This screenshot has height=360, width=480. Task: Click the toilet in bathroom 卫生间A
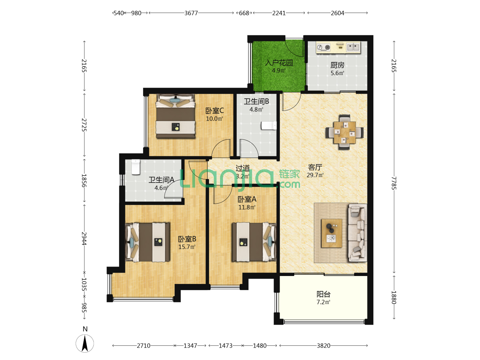(x=136, y=167)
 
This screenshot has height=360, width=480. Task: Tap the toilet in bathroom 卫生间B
(x=269, y=125)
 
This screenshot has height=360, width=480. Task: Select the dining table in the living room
(x=344, y=132)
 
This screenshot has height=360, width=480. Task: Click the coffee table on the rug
(x=332, y=233)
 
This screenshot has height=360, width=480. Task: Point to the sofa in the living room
(x=357, y=233)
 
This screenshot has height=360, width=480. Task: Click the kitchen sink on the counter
(x=353, y=47)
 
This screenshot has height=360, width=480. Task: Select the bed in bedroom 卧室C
(x=175, y=116)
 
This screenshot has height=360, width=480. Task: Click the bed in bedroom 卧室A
(x=254, y=242)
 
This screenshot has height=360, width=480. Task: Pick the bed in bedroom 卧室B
(x=148, y=242)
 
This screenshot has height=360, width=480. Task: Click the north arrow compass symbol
(x=85, y=343)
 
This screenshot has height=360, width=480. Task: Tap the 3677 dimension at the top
(x=191, y=13)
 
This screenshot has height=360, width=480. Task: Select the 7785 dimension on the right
(x=394, y=183)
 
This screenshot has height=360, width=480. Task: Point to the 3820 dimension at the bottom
(x=323, y=346)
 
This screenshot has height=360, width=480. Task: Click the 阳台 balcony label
(x=323, y=294)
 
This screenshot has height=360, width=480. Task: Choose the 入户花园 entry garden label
(x=279, y=63)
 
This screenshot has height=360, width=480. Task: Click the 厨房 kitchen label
(x=337, y=65)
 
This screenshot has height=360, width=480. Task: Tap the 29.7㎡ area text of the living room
(x=315, y=175)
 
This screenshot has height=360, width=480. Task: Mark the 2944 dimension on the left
(x=84, y=238)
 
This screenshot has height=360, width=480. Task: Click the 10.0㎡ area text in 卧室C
(x=214, y=119)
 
